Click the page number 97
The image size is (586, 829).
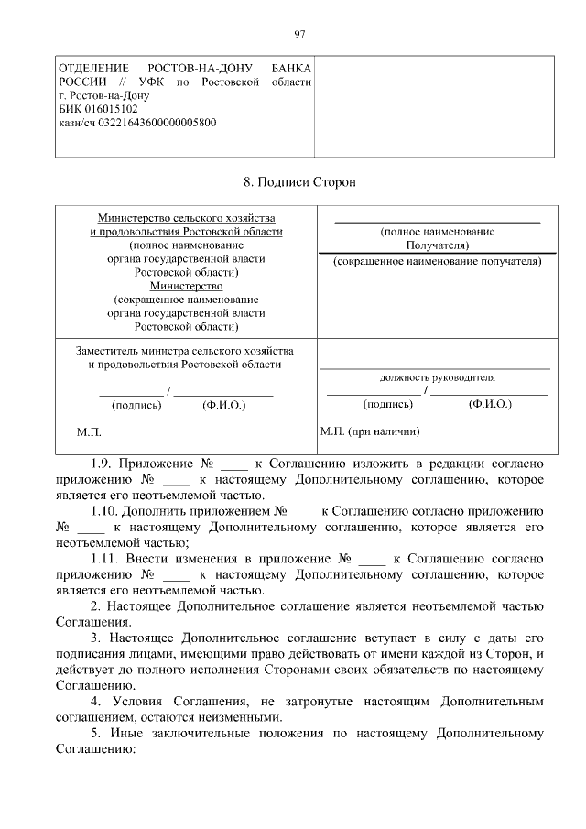pos(298,34)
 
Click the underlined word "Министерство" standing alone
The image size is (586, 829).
pos(186,285)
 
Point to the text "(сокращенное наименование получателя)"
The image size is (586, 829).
pos(437,261)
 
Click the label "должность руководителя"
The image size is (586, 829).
pos(437,376)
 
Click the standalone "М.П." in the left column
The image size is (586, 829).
pos(88,431)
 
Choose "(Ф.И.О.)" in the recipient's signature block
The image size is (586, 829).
pos(489,403)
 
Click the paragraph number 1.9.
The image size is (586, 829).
pos(103,463)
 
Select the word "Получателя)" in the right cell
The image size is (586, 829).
pos(437,245)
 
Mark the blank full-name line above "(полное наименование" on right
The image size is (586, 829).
pos(437,222)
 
